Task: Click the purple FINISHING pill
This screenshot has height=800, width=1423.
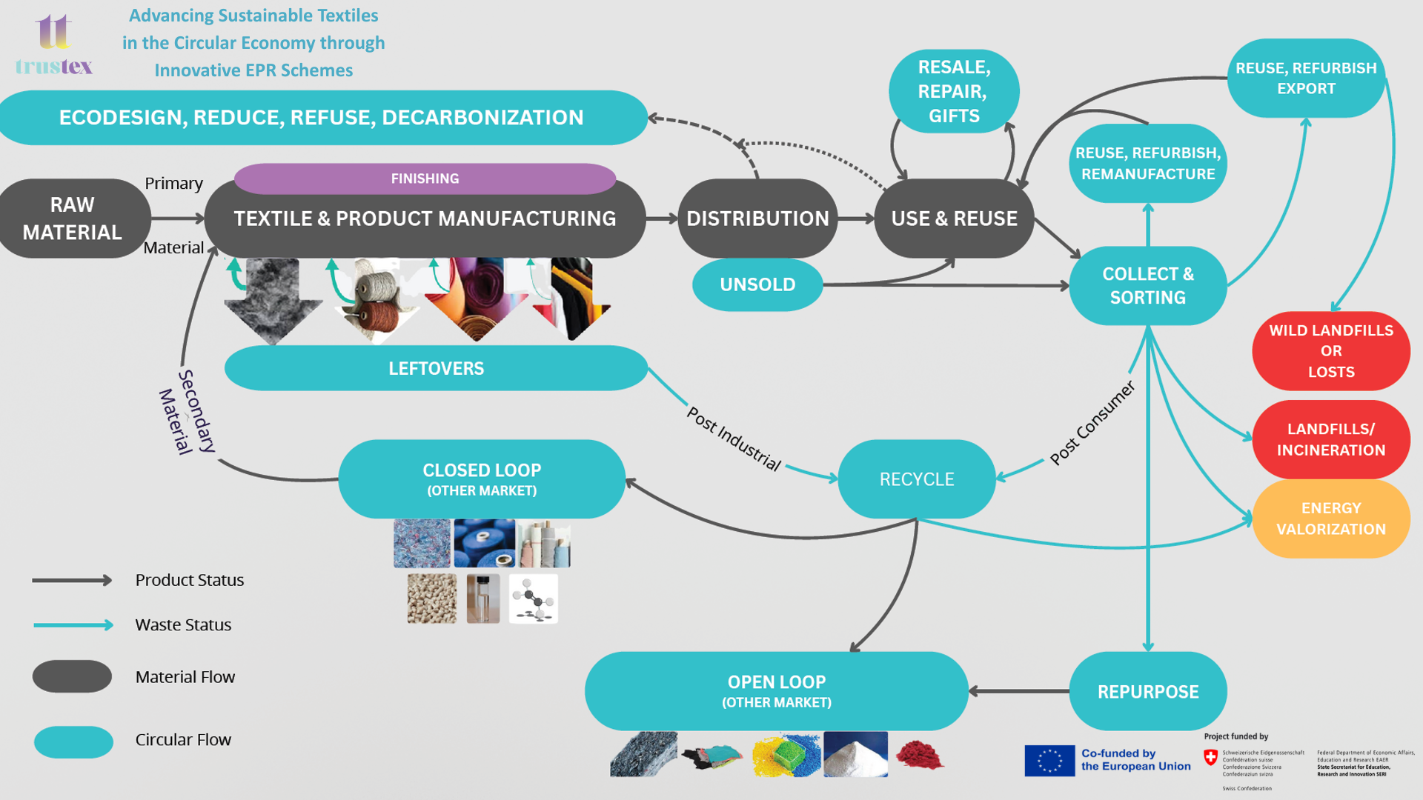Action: point(425,179)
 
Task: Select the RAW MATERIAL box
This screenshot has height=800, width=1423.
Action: point(73,219)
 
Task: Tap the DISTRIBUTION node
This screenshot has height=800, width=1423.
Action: point(757,219)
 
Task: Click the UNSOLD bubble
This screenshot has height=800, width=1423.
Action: point(757,284)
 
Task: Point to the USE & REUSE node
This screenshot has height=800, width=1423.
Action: point(954,219)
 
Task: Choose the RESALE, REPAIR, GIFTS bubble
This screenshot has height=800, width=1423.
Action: point(953,91)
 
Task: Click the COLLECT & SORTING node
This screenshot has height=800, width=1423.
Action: point(1147,285)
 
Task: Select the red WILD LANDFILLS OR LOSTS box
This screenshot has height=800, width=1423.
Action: point(1330,351)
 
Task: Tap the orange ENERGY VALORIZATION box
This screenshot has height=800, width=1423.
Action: point(1330,519)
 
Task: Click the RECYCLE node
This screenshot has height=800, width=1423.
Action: point(917,479)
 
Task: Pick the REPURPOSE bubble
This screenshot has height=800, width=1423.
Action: point(1147,691)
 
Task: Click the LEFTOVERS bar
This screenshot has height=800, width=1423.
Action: point(436,368)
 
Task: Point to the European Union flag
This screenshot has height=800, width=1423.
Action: point(1049,761)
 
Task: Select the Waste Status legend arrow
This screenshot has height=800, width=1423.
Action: point(73,625)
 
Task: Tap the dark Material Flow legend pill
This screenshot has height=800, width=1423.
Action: point(72,676)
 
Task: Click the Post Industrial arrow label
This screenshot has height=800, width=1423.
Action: point(734,439)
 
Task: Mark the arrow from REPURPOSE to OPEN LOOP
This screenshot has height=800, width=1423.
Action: point(1018,691)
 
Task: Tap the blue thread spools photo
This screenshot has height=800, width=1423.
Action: point(484,543)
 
